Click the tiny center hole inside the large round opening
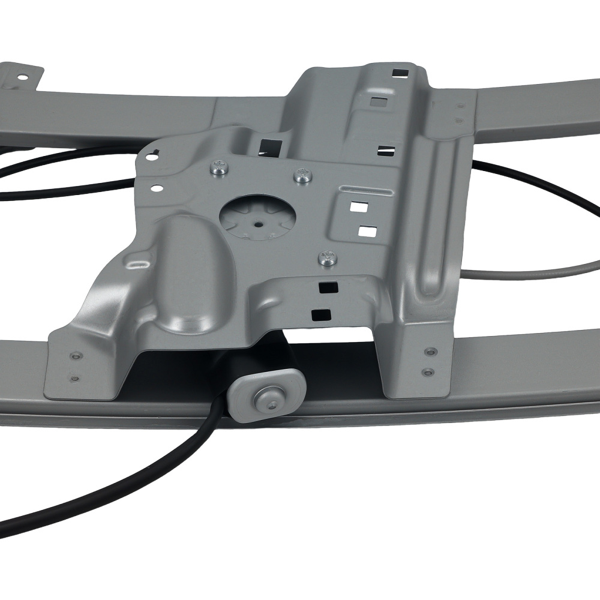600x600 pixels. pos(258,225)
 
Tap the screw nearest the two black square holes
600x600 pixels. pos(328,258)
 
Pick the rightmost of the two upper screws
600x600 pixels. pos(304,176)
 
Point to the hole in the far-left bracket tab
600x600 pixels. pos(22,77)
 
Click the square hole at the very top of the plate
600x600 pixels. pos(398,73)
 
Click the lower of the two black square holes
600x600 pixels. pos(323,313)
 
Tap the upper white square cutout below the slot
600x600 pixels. pos(359,207)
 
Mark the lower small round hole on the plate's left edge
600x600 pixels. pos(157,188)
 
